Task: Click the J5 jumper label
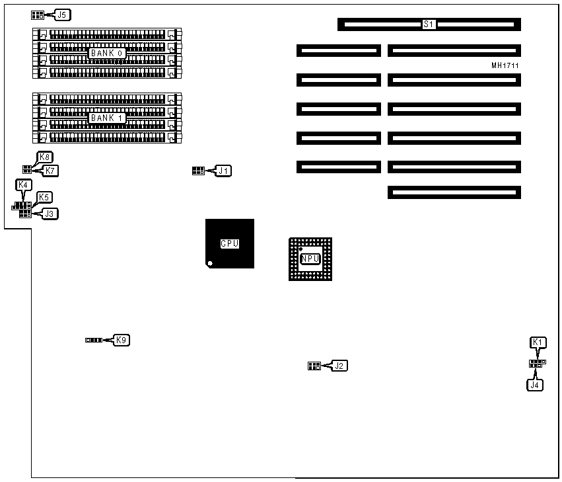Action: point(63,14)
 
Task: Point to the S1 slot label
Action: point(429,24)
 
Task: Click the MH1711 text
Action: point(505,65)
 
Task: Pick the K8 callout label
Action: point(45,157)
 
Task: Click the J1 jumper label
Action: point(225,171)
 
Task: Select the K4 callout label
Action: point(23,185)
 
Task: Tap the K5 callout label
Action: point(44,197)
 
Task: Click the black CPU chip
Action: point(230,243)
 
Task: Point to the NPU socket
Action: point(310,259)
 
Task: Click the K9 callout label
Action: point(122,340)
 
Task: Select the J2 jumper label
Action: point(339,365)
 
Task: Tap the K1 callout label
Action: point(538,342)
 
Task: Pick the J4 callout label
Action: point(534,383)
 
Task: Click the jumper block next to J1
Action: point(197,171)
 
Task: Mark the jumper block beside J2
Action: point(314,366)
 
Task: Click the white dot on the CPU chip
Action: point(210,264)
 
